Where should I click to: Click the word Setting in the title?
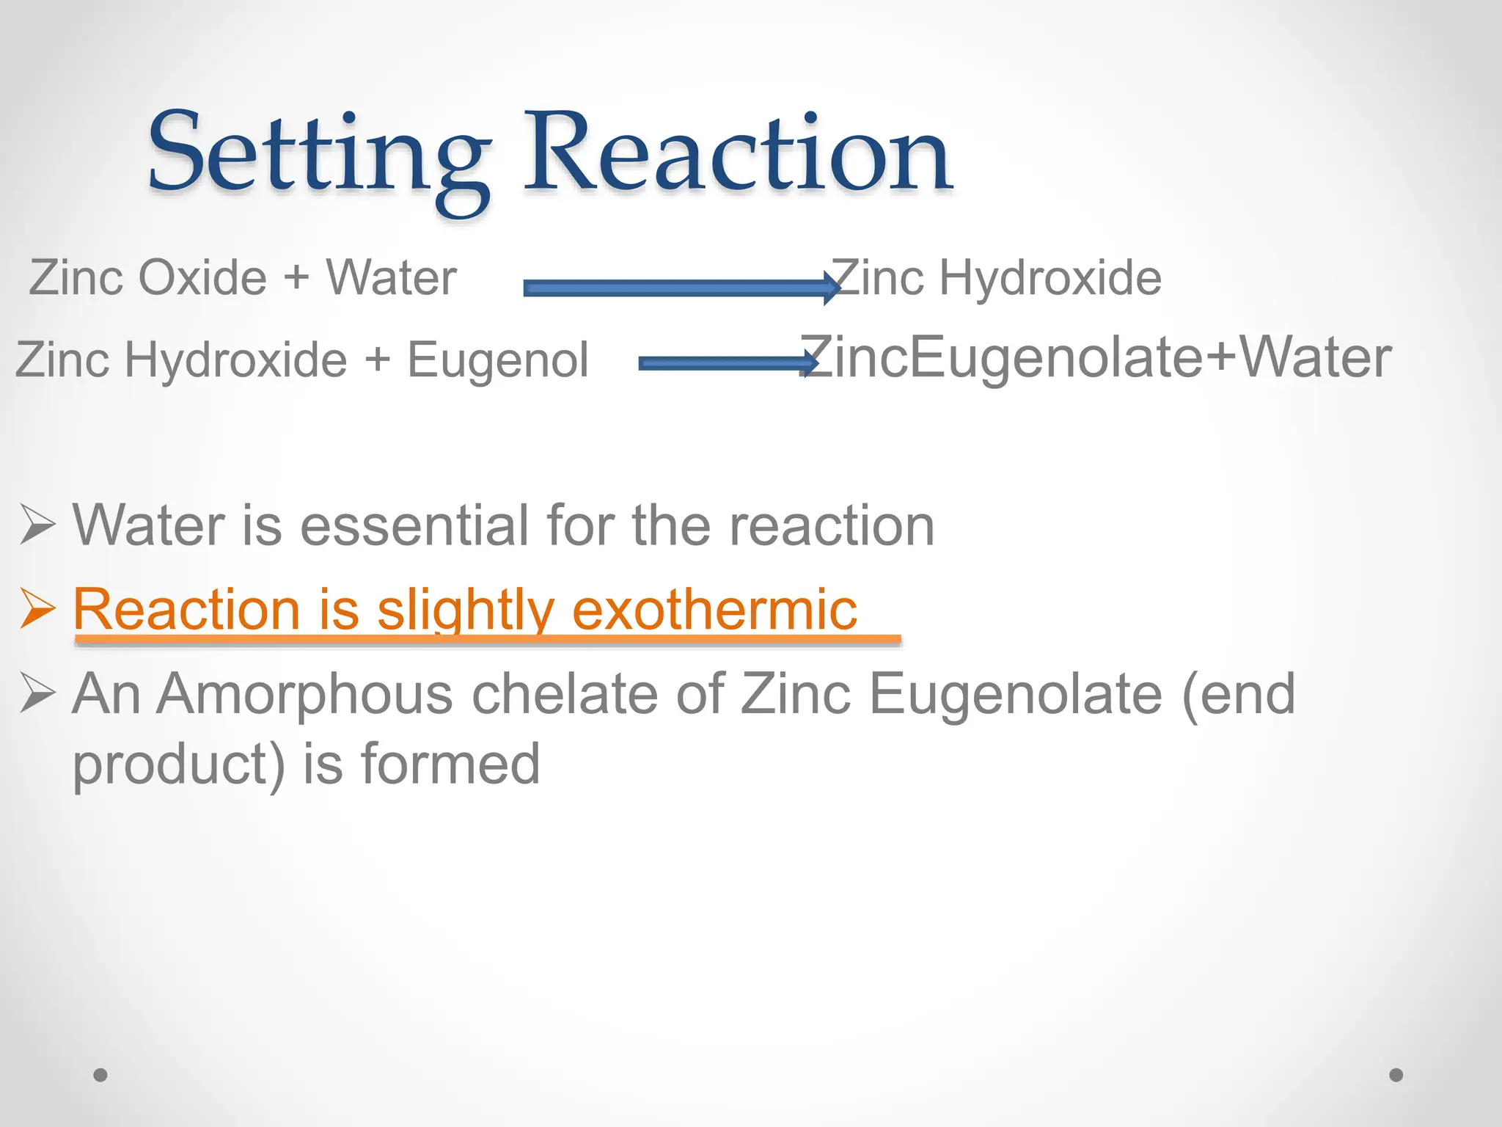coord(319,154)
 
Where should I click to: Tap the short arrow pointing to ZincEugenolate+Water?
coord(726,362)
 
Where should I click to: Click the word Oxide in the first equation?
coord(202,278)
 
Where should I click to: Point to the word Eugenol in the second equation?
coord(497,360)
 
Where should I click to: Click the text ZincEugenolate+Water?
coord(1096,357)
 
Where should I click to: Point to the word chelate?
coord(565,694)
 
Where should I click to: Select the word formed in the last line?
coord(450,764)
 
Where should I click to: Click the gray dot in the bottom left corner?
coord(100,1075)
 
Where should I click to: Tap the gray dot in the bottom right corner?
coord(1396,1075)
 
